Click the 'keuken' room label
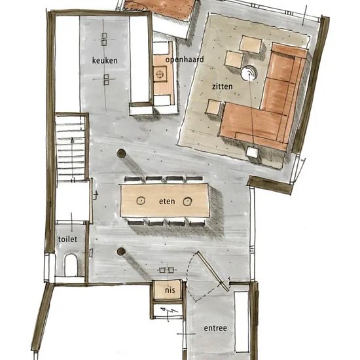105,60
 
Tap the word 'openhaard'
184,60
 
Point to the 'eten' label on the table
167,201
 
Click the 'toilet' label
67,240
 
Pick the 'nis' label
170,288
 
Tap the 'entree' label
215,328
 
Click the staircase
71,148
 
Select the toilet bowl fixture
71,264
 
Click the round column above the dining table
121,154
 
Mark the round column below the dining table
121,251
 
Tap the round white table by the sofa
249,73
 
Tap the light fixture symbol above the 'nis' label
166,269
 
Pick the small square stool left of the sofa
213,107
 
